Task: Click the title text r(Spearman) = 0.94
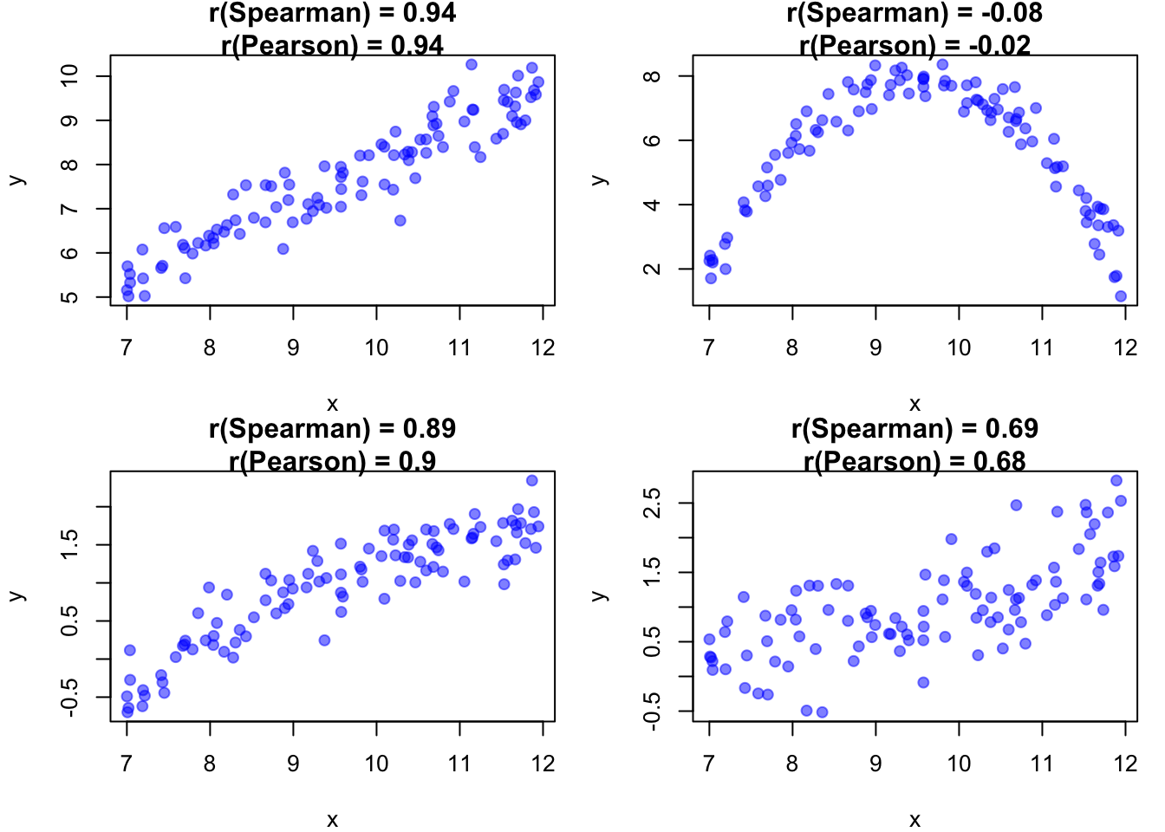[x=332, y=13]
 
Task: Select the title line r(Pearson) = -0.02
[x=914, y=45]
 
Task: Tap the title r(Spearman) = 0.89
[x=332, y=429]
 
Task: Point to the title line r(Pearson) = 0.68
[x=914, y=461]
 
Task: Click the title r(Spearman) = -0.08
[x=914, y=13]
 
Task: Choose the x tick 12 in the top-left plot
[x=543, y=348]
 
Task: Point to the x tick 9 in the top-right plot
[x=875, y=348]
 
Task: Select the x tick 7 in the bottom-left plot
[x=127, y=764]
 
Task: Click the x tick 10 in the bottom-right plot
[x=959, y=764]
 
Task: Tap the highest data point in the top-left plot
[x=472, y=65]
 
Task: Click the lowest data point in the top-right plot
[x=1121, y=296]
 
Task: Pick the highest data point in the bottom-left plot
[x=532, y=480]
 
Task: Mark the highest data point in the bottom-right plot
[x=1116, y=480]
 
